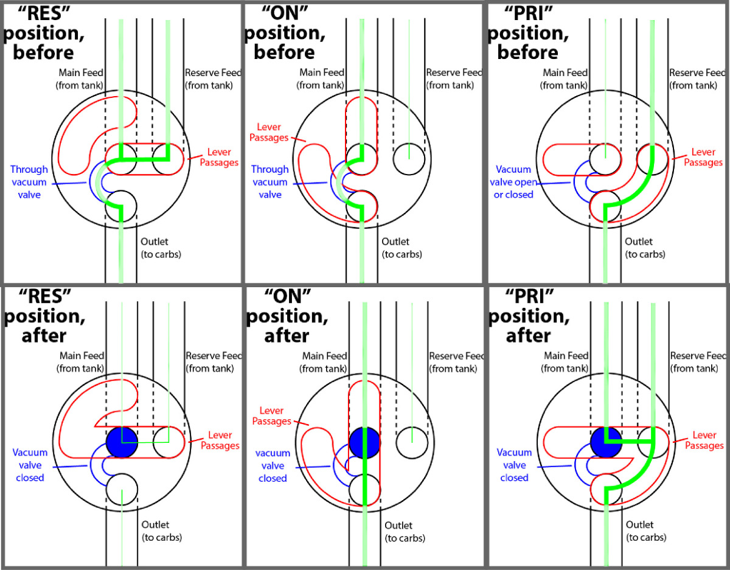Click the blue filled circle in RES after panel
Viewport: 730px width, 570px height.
(x=122, y=442)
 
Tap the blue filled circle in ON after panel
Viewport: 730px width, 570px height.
(x=364, y=441)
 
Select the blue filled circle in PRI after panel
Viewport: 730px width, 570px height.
(x=606, y=442)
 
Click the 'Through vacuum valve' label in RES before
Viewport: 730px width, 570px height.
(x=29, y=181)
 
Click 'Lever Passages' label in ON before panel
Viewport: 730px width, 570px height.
(x=270, y=131)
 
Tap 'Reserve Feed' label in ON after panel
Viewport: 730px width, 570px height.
(x=456, y=362)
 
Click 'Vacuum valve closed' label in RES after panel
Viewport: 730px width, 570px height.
(x=30, y=465)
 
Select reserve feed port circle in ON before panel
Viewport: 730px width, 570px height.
(x=409, y=159)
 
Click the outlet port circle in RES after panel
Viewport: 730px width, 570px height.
(x=122, y=488)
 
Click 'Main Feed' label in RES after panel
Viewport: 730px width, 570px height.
(x=80, y=362)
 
